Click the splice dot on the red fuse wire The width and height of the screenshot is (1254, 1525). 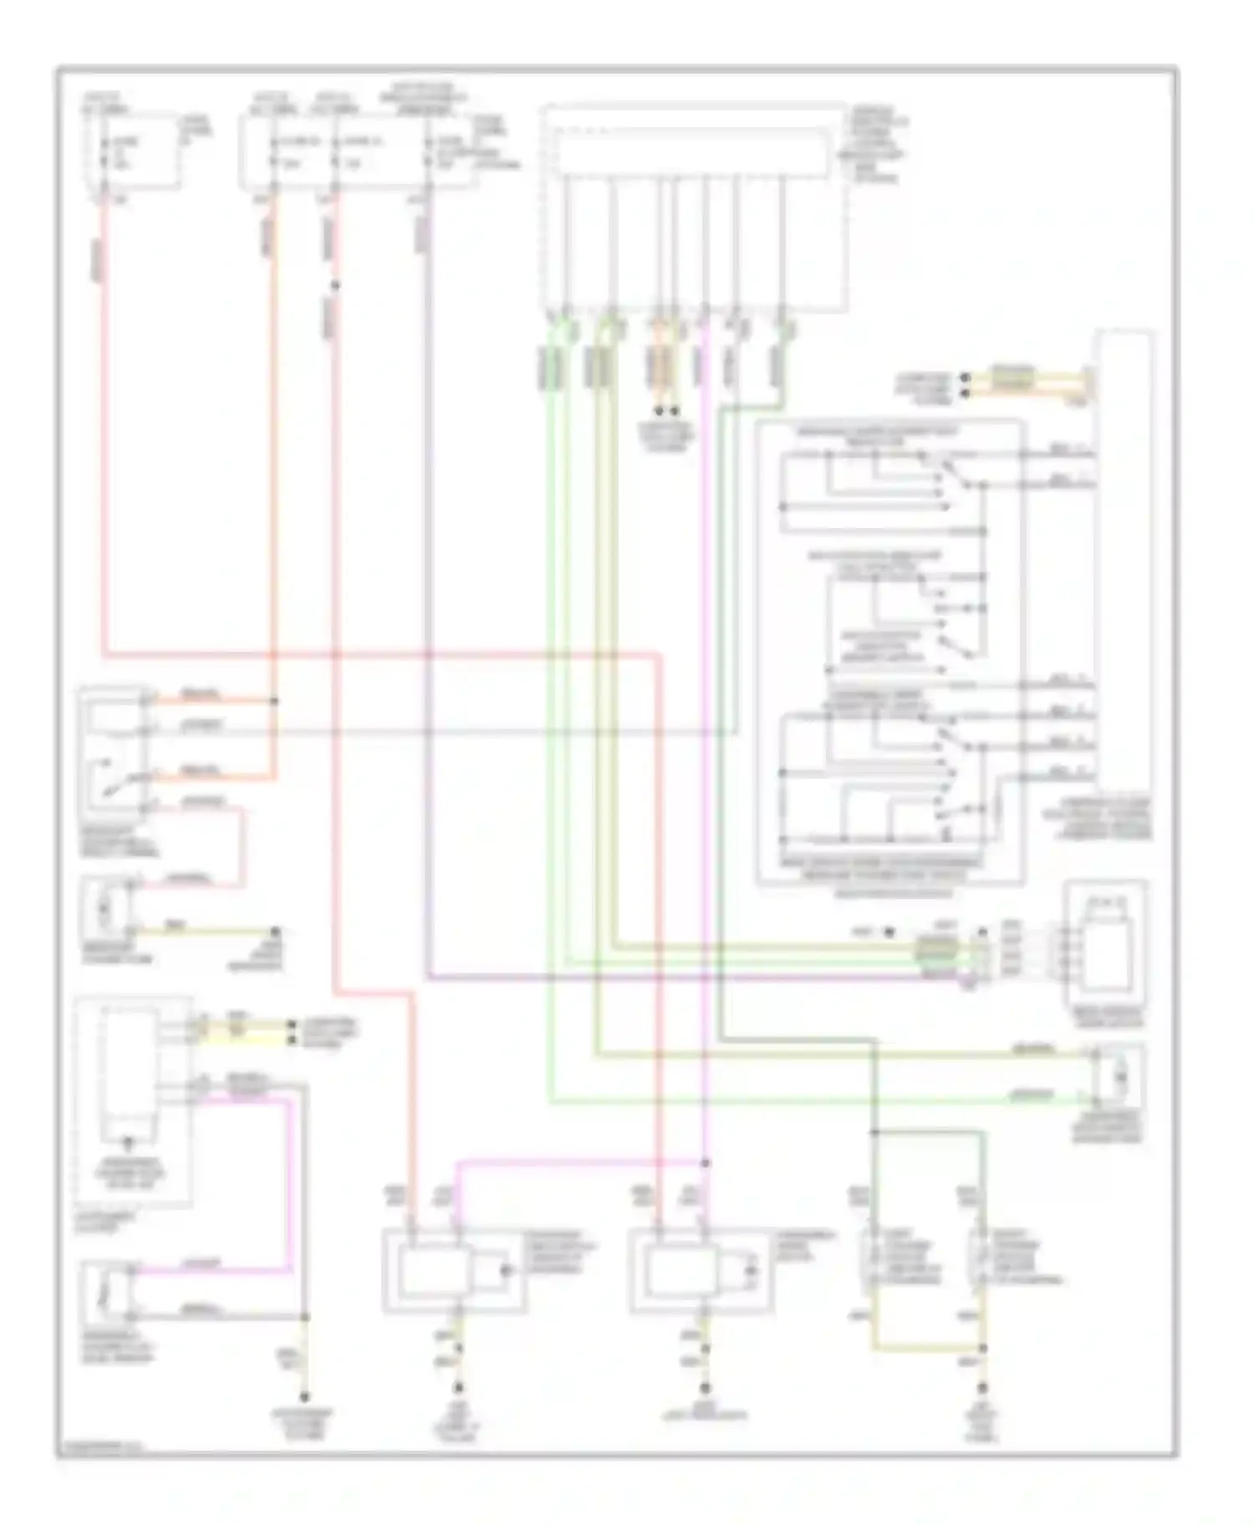pyautogui.click(x=335, y=286)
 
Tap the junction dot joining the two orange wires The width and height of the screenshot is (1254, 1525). pyautogui.click(x=274, y=700)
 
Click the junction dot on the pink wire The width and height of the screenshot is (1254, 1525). pyautogui.click(x=706, y=1162)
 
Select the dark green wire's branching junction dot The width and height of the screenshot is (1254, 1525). pyautogui.click(x=874, y=1133)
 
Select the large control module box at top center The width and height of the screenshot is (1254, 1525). pyautogui.click(x=694, y=209)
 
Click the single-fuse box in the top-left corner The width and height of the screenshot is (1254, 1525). pyautogui.click(x=134, y=150)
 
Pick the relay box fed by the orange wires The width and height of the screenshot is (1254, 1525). pyautogui.click(x=113, y=744)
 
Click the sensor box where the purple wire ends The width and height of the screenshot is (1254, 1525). pyautogui.click(x=1105, y=948)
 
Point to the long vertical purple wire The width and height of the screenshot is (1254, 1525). pyautogui.click(x=429, y=585)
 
